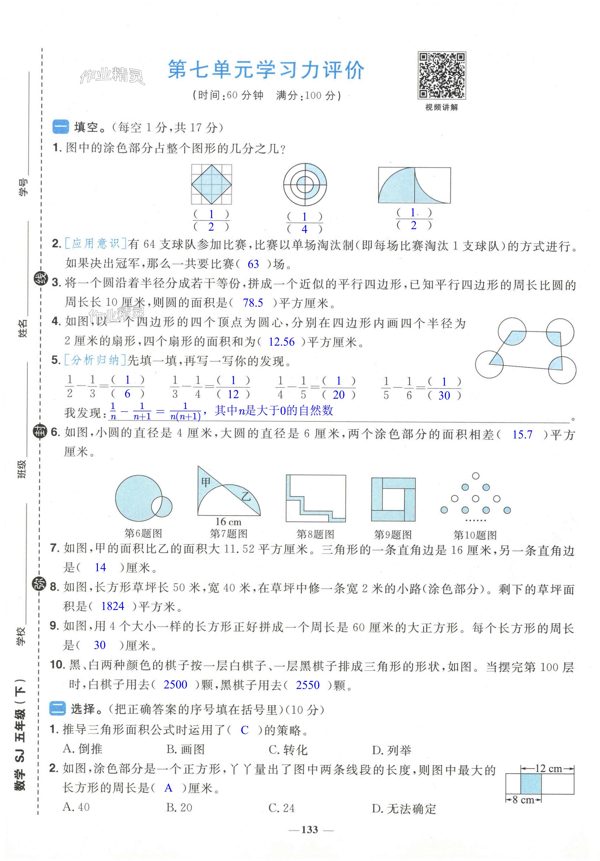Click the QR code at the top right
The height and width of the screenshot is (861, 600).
click(442, 75)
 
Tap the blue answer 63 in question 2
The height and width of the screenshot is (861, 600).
click(253, 264)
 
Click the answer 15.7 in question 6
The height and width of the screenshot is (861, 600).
click(522, 435)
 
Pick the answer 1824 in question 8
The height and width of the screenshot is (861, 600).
click(113, 606)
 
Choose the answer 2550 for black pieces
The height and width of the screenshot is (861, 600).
click(308, 685)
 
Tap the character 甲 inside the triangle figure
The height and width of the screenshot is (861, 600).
click(206, 482)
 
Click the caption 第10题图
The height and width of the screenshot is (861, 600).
click(475, 535)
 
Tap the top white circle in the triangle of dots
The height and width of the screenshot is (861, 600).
click(476, 476)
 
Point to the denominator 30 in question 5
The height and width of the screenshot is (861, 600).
click(444, 395)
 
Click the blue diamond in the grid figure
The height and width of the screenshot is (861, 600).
click(212, 185)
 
